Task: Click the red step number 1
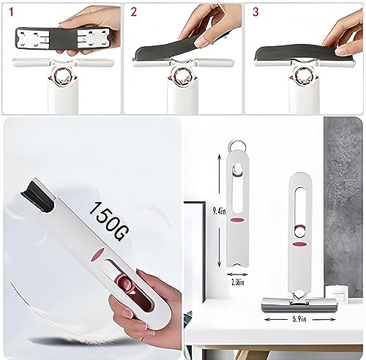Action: coord(10,12)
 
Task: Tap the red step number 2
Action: coord(133,12)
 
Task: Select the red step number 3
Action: coord(255,12)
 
